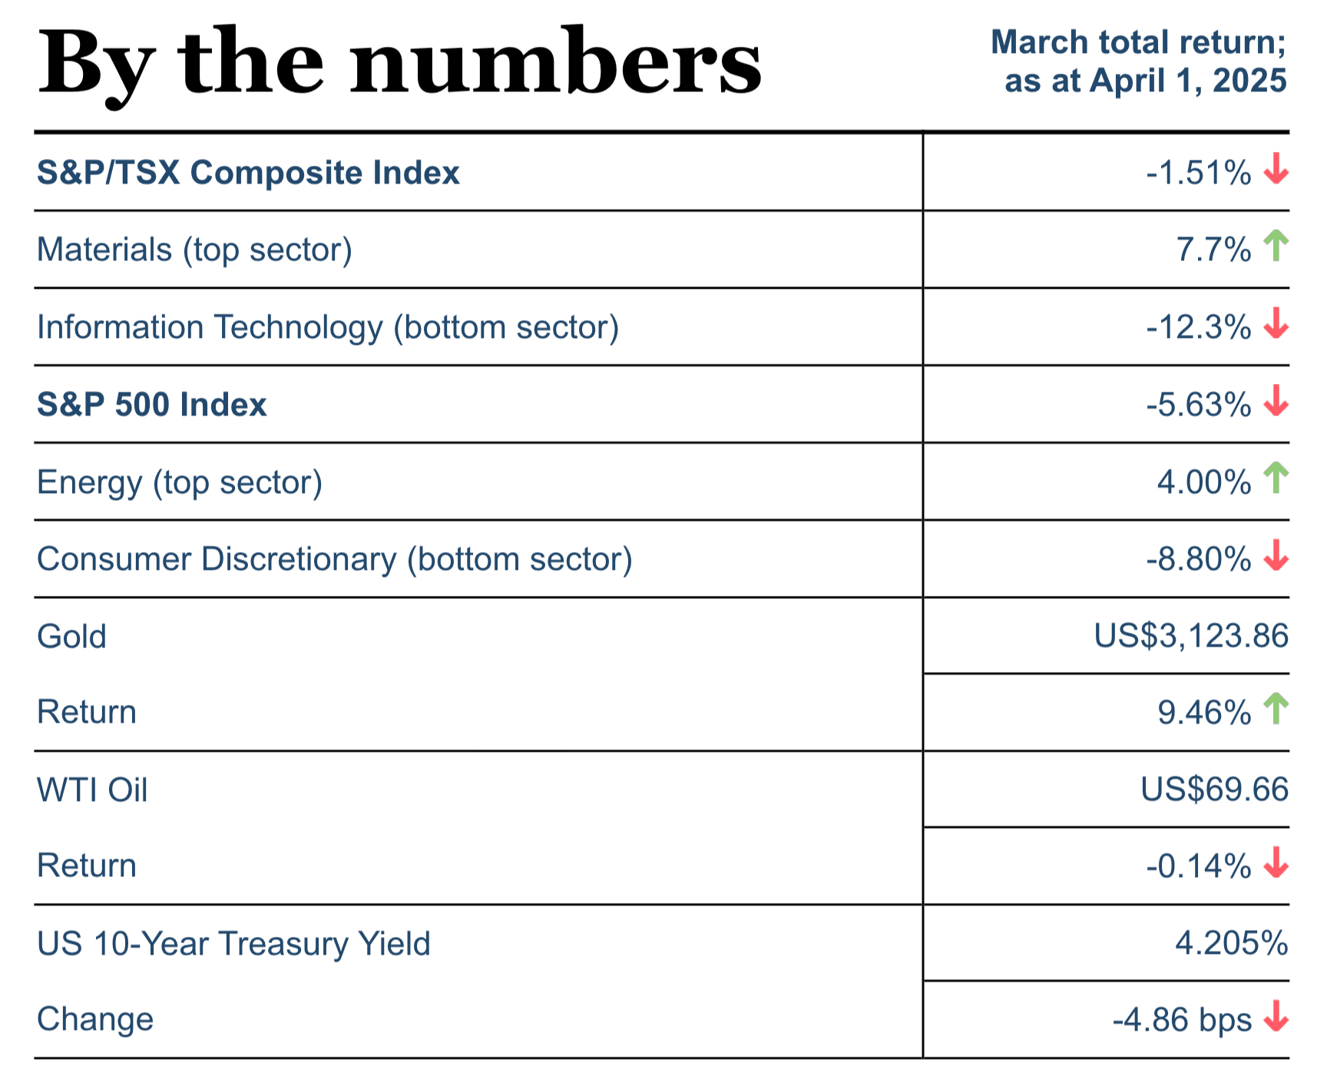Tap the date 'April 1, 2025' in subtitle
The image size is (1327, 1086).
point(1187,81)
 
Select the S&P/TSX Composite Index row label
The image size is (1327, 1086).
point(248,173)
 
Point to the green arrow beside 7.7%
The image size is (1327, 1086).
point(1276,246)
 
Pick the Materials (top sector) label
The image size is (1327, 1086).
point(194,250)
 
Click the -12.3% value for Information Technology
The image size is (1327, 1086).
point(1198,328)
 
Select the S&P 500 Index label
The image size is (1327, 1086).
point(152,405)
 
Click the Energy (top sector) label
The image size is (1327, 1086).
point(180,482)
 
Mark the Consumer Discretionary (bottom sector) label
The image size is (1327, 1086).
point(335,559)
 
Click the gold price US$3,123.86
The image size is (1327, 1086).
point(1191,636)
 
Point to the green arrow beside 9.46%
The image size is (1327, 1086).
point(1276,708)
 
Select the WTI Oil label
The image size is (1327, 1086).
point(92,790)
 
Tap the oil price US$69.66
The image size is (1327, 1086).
point(1214,790)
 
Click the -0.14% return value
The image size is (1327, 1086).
point(1198,866)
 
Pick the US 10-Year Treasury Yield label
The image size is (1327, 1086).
point(233,944)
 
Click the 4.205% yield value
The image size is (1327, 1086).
point(1231,943)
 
